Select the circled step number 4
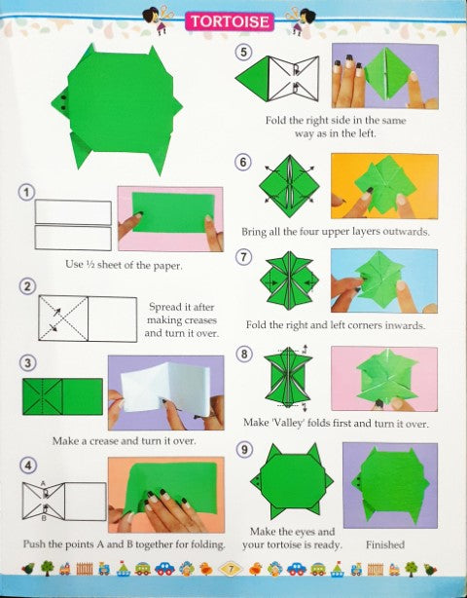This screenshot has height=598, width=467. [28, 467]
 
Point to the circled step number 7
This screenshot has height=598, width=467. [244, 257]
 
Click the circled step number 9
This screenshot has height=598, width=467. [244, 450]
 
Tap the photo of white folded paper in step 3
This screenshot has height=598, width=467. [165, 392]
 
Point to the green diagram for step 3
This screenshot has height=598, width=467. [62, 396]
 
